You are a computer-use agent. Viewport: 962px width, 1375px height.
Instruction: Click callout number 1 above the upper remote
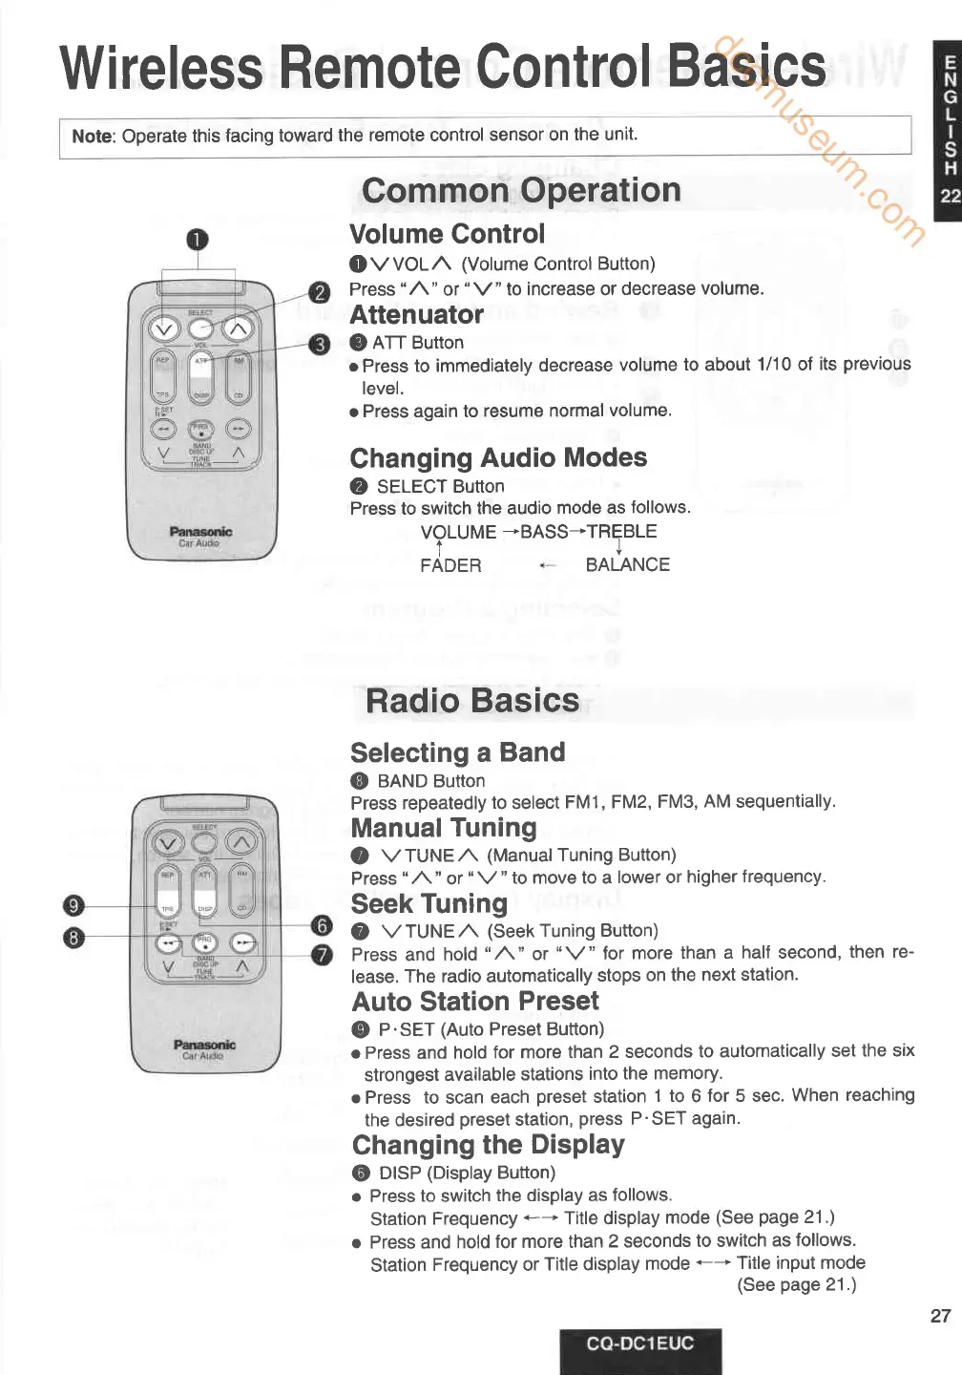click(197, 239)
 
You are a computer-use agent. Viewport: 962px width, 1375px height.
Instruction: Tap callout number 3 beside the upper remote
click(320, 344)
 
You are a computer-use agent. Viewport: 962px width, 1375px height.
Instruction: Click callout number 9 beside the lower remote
click(73, 906)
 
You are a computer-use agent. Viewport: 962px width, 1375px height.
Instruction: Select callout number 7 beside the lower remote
click(323, 954)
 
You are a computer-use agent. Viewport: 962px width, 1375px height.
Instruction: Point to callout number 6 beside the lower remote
click(323, 924)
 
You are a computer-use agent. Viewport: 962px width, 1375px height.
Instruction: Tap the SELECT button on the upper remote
click(200, 329)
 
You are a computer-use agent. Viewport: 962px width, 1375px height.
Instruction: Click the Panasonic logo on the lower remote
click(204, 1045)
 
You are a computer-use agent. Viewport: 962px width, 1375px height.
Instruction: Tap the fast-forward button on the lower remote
click(243, 942)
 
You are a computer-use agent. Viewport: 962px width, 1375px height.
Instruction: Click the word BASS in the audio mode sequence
click(544, 532)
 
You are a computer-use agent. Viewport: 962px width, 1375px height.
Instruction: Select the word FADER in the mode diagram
click(450, 565)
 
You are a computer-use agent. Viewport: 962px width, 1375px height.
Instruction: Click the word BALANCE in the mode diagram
click(627, 564)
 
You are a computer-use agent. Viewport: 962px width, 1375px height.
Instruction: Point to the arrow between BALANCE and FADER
click(547, 565)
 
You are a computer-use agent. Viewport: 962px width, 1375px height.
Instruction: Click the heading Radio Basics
click(472, 701)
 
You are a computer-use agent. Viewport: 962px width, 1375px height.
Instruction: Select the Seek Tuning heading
click(429, 903)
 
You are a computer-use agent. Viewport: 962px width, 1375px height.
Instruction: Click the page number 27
click(940, 1315)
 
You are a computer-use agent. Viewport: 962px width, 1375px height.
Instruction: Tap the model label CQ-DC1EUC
click(640, 1343)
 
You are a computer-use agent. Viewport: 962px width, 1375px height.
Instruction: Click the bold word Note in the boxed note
click(92, 136)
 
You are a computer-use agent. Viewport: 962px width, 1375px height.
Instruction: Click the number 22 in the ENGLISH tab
click(950, 197)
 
